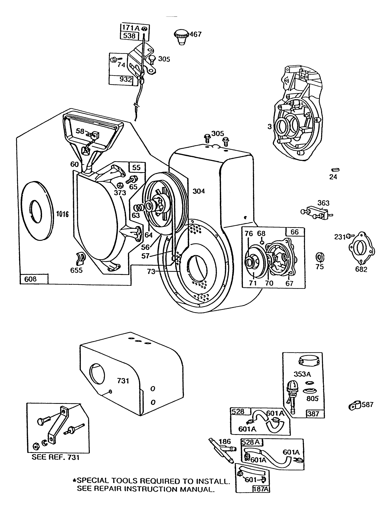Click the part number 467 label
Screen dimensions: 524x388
196,34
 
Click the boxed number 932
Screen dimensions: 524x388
126,79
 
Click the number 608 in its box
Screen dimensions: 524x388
31,279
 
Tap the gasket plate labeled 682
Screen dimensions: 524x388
361,248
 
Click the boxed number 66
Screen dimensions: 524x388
295,232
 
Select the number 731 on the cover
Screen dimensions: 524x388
123,381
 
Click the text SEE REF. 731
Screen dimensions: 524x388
55,457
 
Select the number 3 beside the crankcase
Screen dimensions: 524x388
269,127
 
